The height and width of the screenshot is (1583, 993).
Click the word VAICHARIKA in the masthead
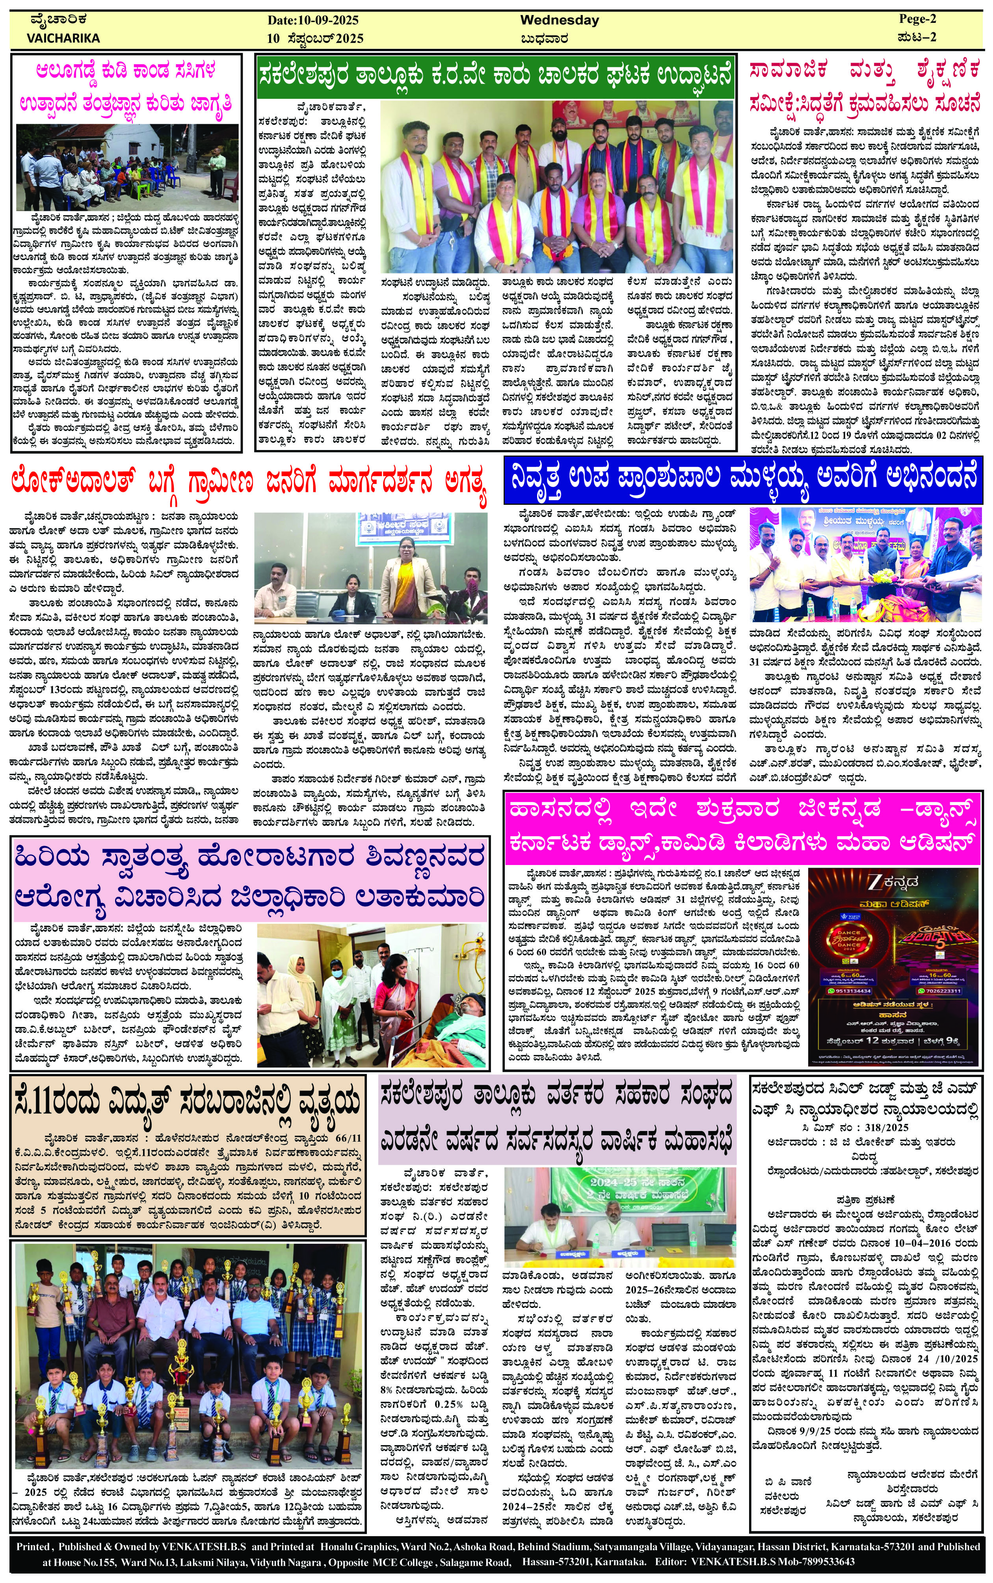[x=64, y=38]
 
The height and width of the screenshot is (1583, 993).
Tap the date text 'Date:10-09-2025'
[x=313, y=20]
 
